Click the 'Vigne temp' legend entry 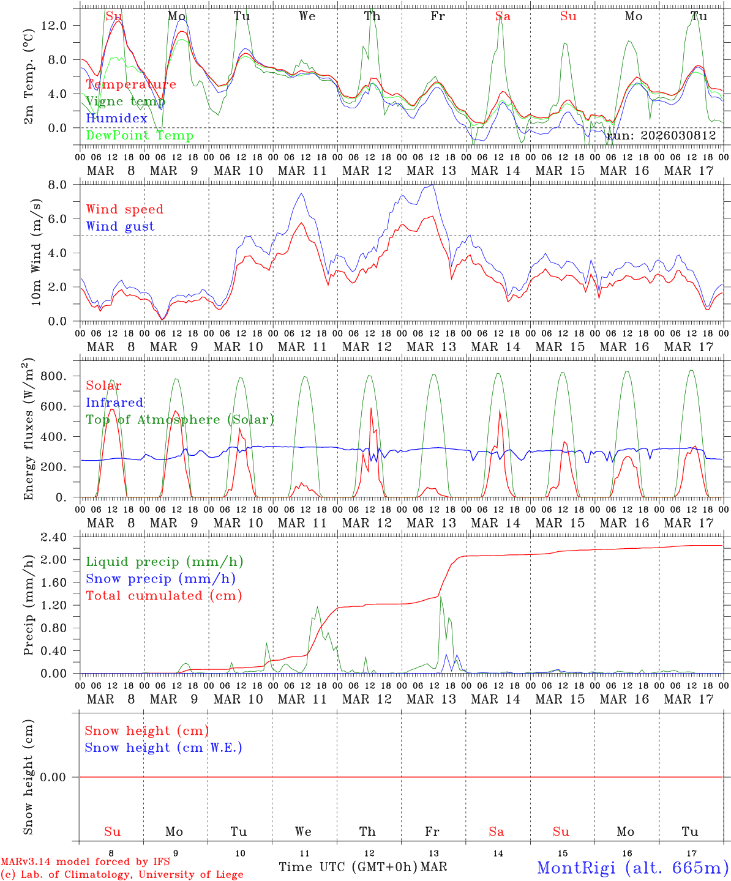pyautogui.click(x=125, y=102)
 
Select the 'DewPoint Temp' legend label pyautogui.click(x=140, y=136)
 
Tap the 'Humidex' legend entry pyautogui.click(x=116, y=119)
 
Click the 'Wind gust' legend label pyautogui.click(x=120, y=226)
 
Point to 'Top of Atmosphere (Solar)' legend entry pyautogui.click(x=180, y=420)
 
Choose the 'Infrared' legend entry pyautogui.click(x=114, y=403)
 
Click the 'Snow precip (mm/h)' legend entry pyautogui.click(x=160, y=579)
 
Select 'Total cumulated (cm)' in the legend pyautogui.click(x=163, y=596)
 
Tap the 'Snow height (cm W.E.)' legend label pyautogui.click(x=163, y=748)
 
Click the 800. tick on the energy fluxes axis pyautogui.click(x=61, y=376)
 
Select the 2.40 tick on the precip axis pyautogui.click(x=60, y=537)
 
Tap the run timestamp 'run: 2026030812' pyautogui.click(x=661, y=136)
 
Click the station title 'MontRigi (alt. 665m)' pyautogui.click(x=632, y=867)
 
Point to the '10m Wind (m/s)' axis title pyautogui.click(x=36, y=252)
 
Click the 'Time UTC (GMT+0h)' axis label pyautogui.click(x=348, y=867)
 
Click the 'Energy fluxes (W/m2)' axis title pyautogui.click(x=28, y=429)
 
